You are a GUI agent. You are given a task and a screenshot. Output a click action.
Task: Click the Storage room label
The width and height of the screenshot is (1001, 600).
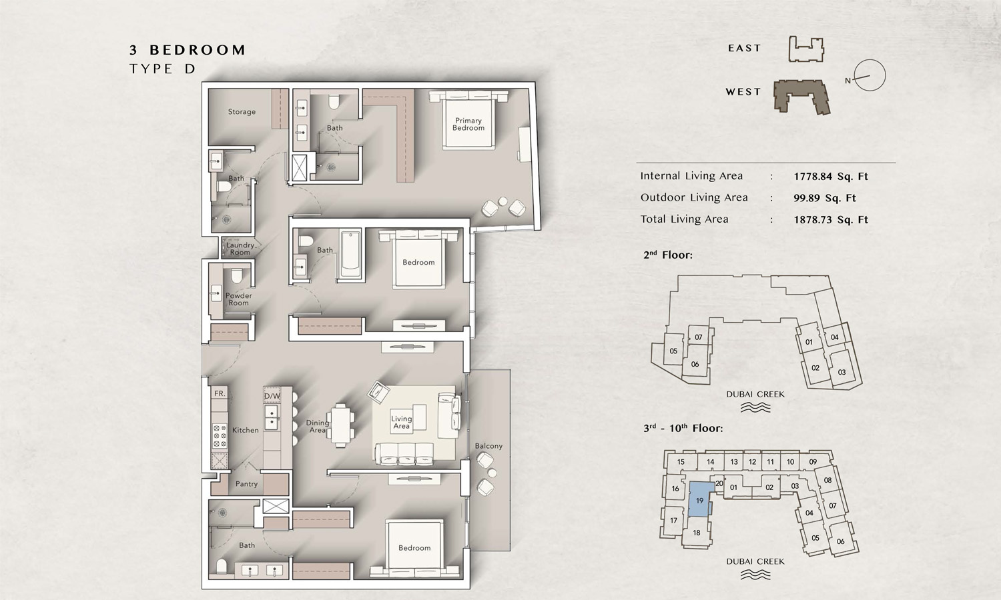point(242,111)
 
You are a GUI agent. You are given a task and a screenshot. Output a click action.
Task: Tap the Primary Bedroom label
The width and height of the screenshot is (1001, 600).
point(468,124)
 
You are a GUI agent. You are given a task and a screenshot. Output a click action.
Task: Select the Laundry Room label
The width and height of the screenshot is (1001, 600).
point(240,249)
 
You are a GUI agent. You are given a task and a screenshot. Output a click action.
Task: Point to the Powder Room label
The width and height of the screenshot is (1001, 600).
point(239,299)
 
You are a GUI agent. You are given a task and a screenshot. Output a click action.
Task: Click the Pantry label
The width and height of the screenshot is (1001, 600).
point(246,484)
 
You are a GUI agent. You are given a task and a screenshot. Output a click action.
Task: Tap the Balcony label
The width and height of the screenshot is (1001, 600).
point(488,446)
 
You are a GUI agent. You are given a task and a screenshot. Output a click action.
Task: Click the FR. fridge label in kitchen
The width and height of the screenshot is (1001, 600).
point(220,393)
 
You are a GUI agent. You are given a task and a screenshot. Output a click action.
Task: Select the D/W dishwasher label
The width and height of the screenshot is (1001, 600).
point(272,396)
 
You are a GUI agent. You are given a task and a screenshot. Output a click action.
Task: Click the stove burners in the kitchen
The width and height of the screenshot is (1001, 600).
point(220,435)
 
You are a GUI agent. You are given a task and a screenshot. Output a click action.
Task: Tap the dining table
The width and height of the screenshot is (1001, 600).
point(340,425)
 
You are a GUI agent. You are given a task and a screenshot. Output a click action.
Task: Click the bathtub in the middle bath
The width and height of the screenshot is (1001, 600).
point(350,255)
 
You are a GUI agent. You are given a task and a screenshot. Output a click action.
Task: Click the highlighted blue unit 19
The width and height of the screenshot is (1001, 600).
point(700,500)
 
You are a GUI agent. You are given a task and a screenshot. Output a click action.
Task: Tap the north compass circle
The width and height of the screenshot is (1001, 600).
point(870,75)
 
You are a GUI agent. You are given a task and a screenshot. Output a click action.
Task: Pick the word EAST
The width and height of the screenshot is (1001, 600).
point(744,48)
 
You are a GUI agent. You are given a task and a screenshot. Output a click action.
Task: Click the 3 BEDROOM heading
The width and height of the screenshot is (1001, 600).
point(188,50)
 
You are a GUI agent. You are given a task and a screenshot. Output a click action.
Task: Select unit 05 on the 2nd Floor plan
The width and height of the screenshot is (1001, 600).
point(673,351)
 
